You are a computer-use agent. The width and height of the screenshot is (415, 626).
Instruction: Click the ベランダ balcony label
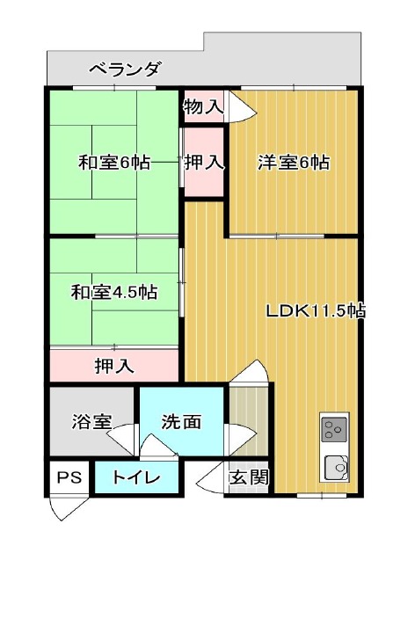pyautogui.click(x=124, y=69)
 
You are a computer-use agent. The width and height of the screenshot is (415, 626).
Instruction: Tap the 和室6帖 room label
pyautogui.click(x=114, y=163)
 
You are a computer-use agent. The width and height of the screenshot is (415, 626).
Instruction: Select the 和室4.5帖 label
pyautogui.click(x=114, y=293)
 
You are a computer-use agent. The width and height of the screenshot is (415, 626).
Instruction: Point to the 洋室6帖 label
pyautogui.click(x=294, y=163)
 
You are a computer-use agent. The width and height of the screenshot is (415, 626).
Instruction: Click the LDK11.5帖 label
pyautogui.click(x=316, y=310)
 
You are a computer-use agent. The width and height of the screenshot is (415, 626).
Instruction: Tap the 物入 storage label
pyautogui.click(x=203, y=106)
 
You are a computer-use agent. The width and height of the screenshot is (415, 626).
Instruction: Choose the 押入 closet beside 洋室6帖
pyautogui.click(x=203, y=163)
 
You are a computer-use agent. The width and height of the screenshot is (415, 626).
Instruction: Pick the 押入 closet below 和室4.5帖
pyautogui.click(x=114, y=366)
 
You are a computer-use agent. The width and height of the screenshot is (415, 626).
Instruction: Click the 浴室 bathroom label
pyautogui.click(x=91, y=422)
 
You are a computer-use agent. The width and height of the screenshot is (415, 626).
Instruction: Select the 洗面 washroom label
pyautogui.click(x=181, y=422)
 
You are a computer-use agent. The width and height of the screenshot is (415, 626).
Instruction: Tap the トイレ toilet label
pyautogui.click(x=135, y=477)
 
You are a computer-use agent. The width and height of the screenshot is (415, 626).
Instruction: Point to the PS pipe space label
pyautogui.click(x=69, y=477)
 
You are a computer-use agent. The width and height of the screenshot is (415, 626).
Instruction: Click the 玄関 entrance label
pyautogui.click(x=249, y=477)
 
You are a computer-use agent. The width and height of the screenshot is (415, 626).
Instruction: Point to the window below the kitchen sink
pyautogui.click(x=322, y=496)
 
